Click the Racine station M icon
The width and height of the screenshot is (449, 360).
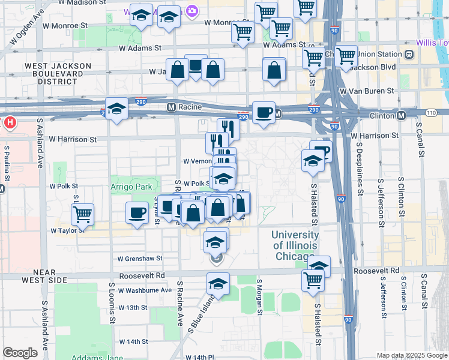pyautogui.click(x=170, y=107)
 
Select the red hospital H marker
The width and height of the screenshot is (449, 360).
pyautogui.click(x=10, y=124)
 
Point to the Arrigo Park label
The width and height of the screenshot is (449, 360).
pyautogui.click(x=131, y=187)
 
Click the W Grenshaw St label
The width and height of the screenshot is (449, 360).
pyautogui.click(x=140, y=259)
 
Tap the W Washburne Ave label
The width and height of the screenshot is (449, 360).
pyautogui.click(x=145, y=290)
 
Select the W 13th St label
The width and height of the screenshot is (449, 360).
pyautogui.click(x=133, y=307)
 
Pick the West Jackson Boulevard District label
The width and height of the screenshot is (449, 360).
pyautogui.click(x=58, y=73)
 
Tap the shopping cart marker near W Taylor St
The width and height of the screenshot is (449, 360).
pyautogui.click(x=82, y=214)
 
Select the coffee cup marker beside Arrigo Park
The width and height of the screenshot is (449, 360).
pyautogui.click(x=137, y=212)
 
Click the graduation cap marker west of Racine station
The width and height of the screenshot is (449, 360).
pyautogui.click(x=117, y=109)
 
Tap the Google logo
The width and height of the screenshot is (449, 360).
pyautogui.click(x=20, y=353)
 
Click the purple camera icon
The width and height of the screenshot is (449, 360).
pyautogui.click(x=192, y=10)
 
